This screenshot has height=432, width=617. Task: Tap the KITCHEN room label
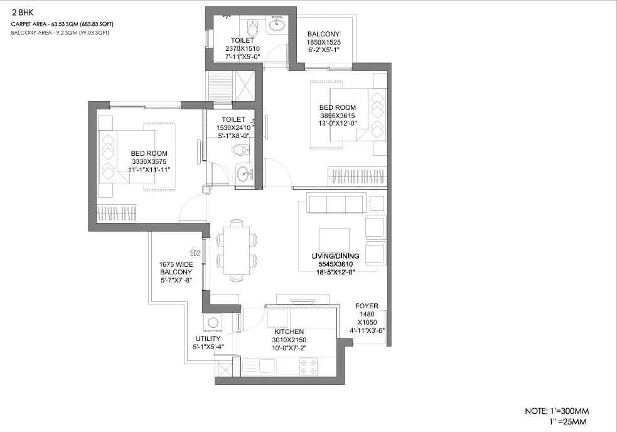[289, 332]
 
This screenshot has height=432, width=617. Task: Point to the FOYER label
[367, 306]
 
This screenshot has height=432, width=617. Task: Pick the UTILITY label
[208, 338]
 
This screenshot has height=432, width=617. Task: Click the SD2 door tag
[195, 254]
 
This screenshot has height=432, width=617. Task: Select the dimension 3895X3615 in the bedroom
[337, 116]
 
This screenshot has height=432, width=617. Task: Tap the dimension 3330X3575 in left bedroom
[149, 161]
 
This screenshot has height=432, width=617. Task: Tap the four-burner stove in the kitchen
[308, 364]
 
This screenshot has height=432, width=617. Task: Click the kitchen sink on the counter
[266, 364]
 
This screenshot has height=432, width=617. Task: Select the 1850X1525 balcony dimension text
[323, 43]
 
